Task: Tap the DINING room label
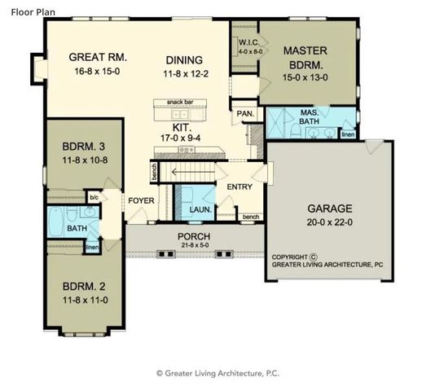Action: [x=184, y=60]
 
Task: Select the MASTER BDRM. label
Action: [x=305, y=57]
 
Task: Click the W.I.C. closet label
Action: [x=248, y=42]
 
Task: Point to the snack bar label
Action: [x=179, y=102]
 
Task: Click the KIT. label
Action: [x=181, y=128]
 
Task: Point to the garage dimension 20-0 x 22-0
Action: [x=324, y=221]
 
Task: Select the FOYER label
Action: [x=141, y=199]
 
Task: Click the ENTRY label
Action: [x=239, y=187]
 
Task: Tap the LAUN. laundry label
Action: [x=200, y=209]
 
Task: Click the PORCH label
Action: [x=195, y=236]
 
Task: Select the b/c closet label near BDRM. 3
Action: [x=94, y=197]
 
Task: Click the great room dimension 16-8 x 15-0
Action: [x=95, y=71]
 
